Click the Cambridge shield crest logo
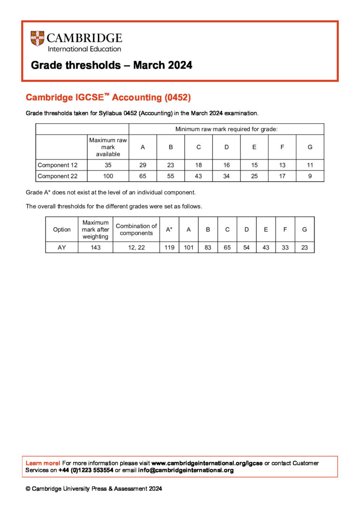click(37, 38)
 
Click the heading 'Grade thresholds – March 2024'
click(112, 65)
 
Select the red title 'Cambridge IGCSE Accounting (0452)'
click(108, 97)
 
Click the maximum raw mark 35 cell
click(108, 165)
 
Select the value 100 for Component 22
click(108, 176)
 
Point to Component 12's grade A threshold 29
click(142, 165)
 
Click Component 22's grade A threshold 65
click(142, 176)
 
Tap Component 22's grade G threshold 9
click(310, 176)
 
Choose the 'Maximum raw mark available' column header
click(108, 147)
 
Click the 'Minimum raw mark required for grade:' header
click(226, 129)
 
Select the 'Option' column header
click(62, 229)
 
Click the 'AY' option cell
click(62, 247)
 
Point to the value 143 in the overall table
click(96, 247)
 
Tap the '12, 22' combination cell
click(136, 247)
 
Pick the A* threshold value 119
click(169, 247)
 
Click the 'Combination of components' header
click(136, 229)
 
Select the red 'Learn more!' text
click(43, 463)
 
